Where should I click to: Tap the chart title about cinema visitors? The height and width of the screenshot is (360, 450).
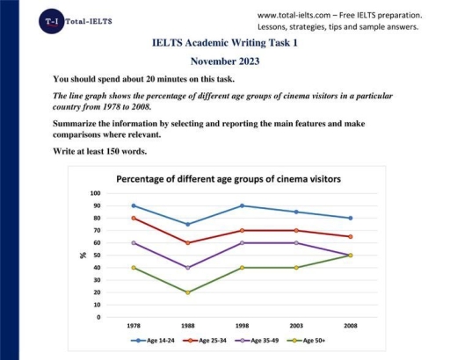click(229, 178)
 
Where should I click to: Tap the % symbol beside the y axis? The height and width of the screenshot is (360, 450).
click(83, 256)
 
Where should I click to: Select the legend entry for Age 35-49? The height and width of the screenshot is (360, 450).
click(255, 339)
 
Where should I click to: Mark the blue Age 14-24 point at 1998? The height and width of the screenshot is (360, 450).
click(242, 205)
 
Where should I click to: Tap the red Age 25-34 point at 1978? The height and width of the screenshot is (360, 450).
click(133, 218)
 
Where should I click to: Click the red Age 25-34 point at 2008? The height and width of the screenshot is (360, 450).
click(351, 236)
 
